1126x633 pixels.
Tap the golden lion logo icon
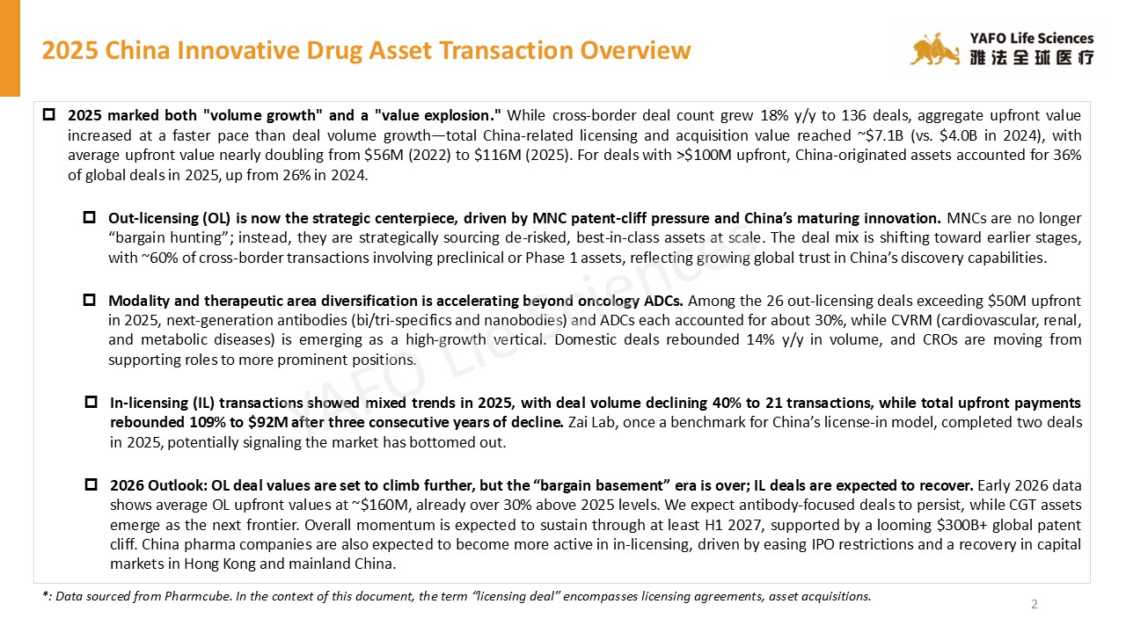coord(935,50)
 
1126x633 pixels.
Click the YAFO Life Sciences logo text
coord(1031,39)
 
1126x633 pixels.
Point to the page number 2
coord(1035,604)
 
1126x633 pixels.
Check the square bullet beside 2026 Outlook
coord(91,484)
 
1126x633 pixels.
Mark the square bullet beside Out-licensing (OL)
coord(89,217)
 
